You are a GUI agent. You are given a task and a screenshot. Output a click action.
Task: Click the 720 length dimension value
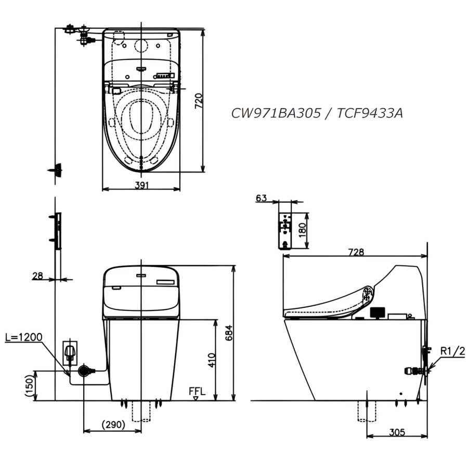point(199,101)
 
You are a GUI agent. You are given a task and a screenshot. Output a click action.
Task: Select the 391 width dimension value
point(141,185)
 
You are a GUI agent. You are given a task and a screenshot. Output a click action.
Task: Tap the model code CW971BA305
point(276,113)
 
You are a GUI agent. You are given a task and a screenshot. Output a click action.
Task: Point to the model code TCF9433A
point(370,113)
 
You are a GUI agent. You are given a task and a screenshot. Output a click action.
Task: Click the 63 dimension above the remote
point(261,198)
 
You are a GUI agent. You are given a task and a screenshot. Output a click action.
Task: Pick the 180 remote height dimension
point(302,230)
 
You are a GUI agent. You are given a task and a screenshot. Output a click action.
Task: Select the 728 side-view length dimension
point(356,252)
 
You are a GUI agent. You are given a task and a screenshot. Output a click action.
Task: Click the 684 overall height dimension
point(229,332)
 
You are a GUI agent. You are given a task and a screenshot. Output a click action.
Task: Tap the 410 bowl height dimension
point(211,360)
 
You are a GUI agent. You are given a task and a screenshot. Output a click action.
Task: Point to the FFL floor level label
point(197,391)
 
